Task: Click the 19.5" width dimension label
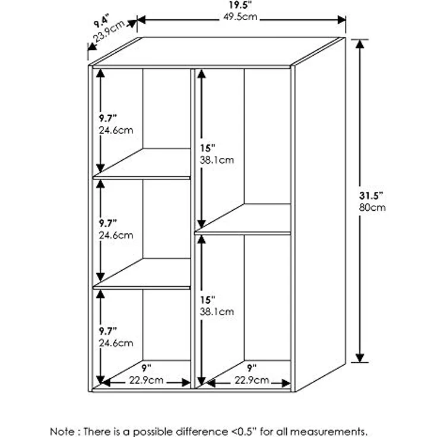[240, 5]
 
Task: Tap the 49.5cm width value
[240, 17]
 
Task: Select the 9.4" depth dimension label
[101, 22]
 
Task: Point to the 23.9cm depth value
[109, 31]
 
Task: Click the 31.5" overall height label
[371, 196]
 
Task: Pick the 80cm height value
[372, 208]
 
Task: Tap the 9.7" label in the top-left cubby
[108, 118]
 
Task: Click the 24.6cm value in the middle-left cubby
[116, 236]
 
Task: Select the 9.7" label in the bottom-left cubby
[108, 331]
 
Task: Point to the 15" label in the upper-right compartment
[208, 148]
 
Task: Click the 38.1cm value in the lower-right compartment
[217, 312]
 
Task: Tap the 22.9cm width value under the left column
[146, 380]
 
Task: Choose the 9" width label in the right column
[252, 368]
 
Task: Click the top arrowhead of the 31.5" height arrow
[360, 45]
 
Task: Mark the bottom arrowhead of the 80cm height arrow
[360, 357]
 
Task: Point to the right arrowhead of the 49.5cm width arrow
[341, 20]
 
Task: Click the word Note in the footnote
[62, 431]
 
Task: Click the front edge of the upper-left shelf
[141, 178]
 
